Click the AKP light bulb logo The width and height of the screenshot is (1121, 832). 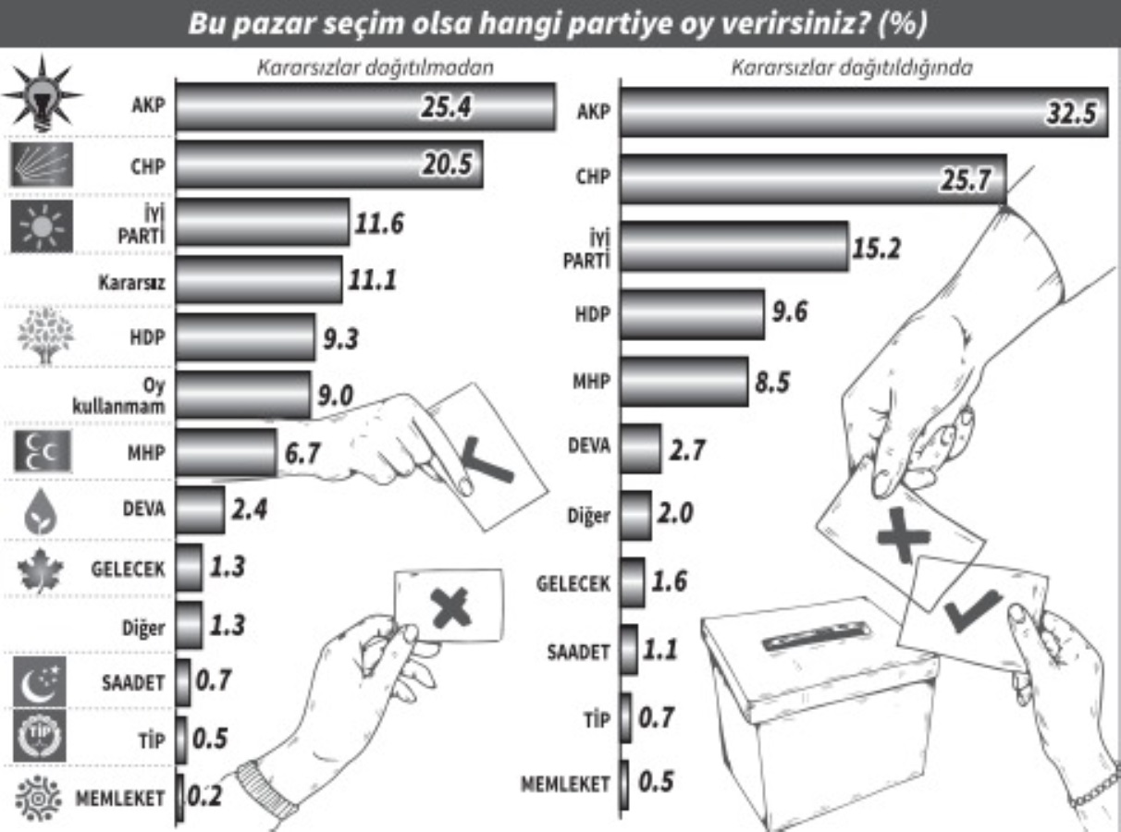[x=42, y=96]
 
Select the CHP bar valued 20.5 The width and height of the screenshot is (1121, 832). [x=328, y=165]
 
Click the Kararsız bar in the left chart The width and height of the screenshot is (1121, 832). [x=258, y=280]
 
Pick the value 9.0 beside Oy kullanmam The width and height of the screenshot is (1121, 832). [x=338, y=396]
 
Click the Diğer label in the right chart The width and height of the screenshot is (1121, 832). [x=587, y=516]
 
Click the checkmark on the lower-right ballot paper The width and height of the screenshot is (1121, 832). [x=972, y=610]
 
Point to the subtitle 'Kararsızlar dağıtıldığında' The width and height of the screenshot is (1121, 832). [x=851, y=68]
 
